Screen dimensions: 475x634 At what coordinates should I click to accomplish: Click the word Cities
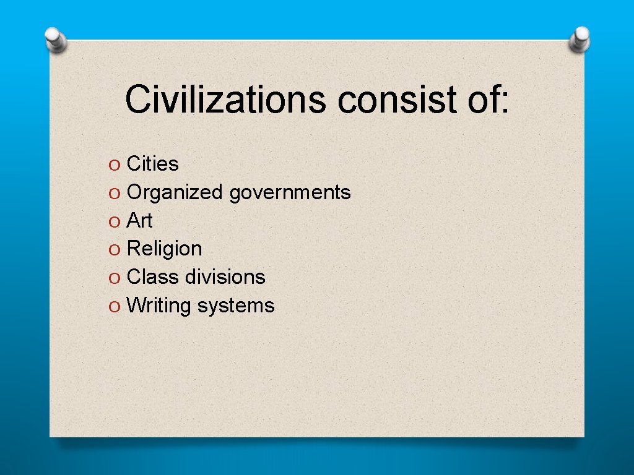[152, 164]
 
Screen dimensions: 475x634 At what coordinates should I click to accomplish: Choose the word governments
[290, 193]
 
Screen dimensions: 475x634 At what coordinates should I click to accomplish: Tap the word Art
[139, 220]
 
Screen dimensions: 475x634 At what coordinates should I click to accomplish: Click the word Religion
[164, 249]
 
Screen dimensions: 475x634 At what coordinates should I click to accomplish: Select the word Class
[152, 276]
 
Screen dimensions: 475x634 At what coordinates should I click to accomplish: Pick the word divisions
[225, 276]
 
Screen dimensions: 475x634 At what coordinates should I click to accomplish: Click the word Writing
[158, 306]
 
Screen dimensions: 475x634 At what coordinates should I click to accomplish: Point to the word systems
[236, 306]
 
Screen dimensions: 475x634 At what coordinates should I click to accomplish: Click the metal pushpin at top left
[55, 40]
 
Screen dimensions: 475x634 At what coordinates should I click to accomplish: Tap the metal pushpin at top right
[580, 38]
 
